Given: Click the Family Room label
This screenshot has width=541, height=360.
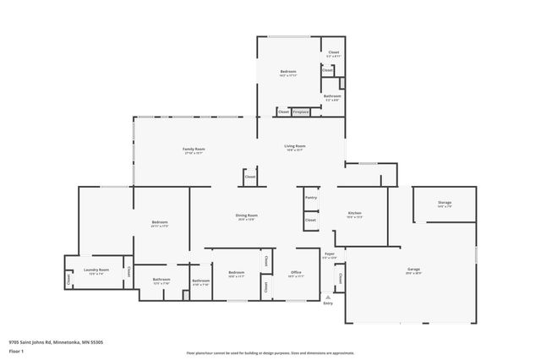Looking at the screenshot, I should click(x=194, y=149).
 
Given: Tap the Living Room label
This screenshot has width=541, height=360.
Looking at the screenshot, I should click(x=294, y=146).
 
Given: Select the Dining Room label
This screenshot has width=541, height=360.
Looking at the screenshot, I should click(x=246, y=215).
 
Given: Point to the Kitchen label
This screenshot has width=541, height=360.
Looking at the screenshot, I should click(x=355, y=212).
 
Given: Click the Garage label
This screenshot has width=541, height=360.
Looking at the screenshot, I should click(x=413, y=269).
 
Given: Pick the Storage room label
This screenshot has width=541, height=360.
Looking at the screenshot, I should click(x=445, y=203).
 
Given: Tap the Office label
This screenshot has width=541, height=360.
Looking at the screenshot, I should click(x=296, y=272).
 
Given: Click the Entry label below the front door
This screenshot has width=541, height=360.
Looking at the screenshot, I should click(x=328, y=303).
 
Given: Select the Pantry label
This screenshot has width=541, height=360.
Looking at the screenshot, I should click(x=311, y=198).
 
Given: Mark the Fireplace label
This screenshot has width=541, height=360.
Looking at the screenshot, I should click(x=301, y=112).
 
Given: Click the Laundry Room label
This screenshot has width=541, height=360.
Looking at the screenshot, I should click(x=96, y=270).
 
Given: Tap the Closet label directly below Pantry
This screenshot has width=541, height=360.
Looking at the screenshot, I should click(x=311, y=220).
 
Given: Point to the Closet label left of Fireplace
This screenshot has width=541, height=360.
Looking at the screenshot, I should click(x=283, y=112).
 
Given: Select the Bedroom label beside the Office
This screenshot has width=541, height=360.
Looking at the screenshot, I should click(x=237, y=272).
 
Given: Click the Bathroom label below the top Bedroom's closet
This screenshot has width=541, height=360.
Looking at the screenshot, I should click(x=332, y=95).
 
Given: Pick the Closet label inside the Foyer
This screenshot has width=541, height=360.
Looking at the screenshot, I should click(x=340, y=278).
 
